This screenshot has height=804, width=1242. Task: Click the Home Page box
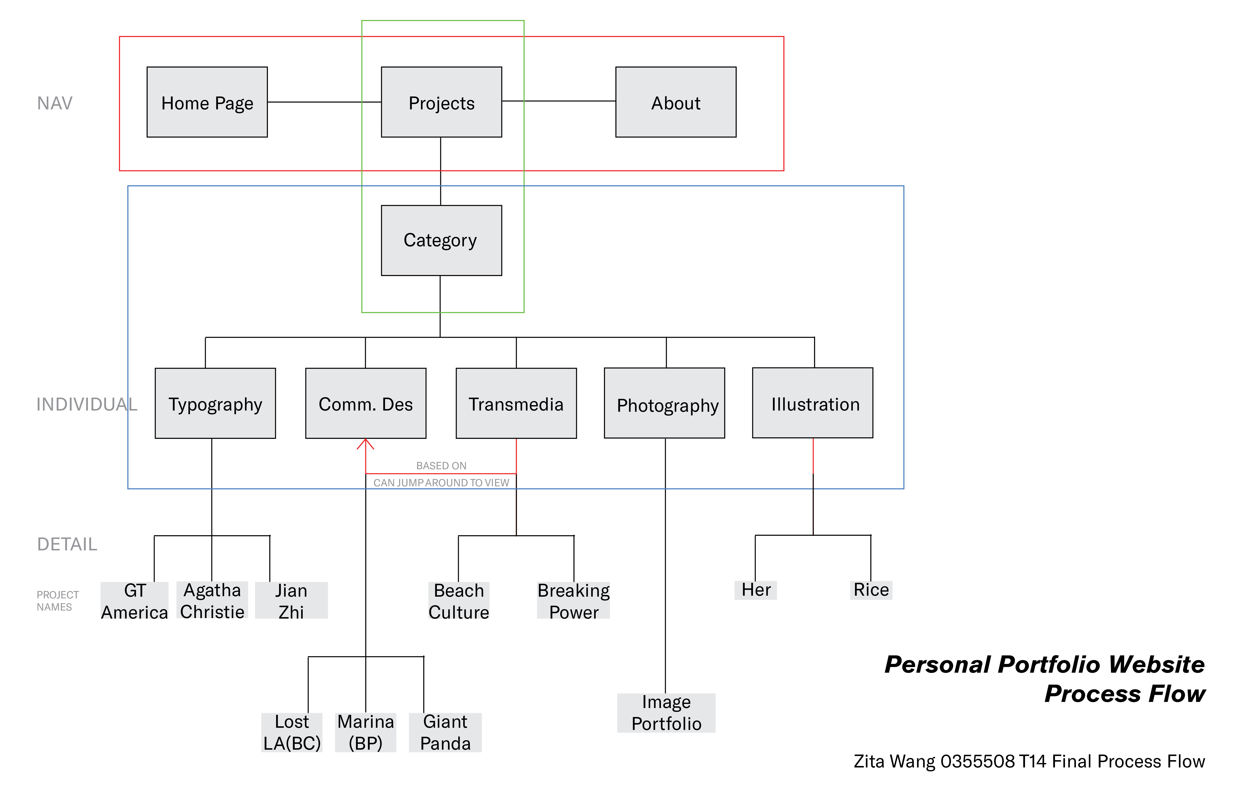click(207, 102)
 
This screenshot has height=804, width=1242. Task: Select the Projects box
click(442, 102)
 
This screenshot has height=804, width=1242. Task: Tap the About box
click(676, 102)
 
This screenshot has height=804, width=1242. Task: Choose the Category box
click(442, 240)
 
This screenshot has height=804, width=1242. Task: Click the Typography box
click(215, 403)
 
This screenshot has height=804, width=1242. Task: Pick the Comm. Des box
click(366, 403)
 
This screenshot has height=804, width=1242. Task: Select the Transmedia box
click(516, 403)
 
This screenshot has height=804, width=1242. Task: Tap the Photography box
click(664, 403)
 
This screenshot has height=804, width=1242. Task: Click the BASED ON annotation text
click(442, 466)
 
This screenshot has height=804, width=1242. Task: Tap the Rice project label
click(871, 590)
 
